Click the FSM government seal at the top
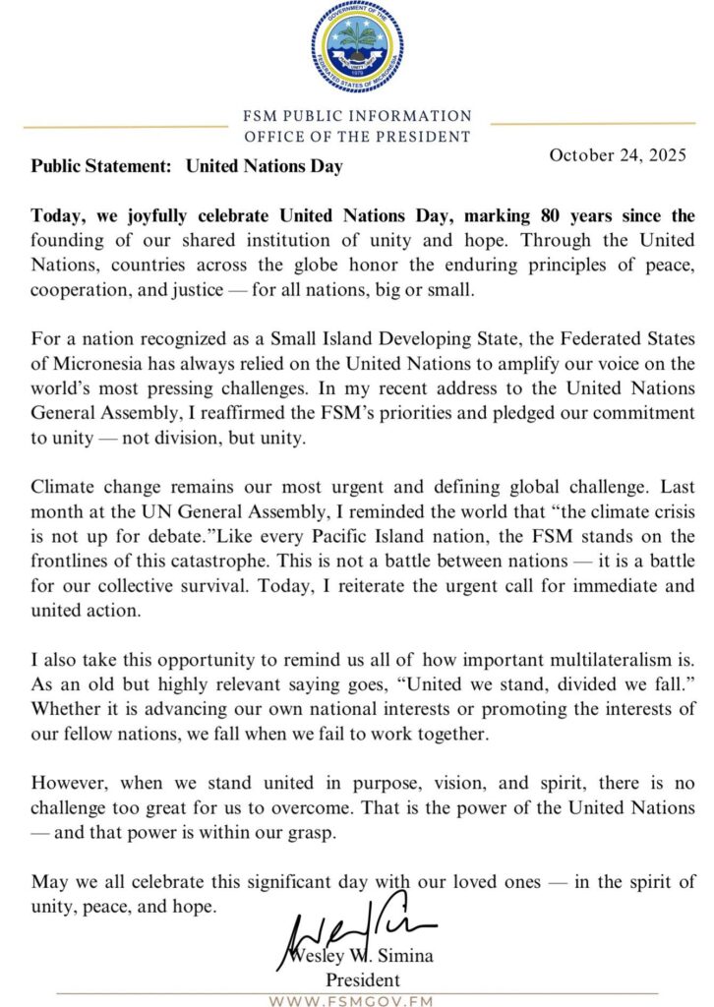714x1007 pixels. (x=357, y=48)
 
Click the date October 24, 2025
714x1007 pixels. (x=618, y=155)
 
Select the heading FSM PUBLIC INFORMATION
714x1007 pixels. (x=357, y=116)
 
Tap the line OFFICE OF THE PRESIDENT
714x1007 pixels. (x=357, y=137)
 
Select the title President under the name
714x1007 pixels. (x=363, y=979)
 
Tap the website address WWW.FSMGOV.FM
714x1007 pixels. (x=357, y=1000)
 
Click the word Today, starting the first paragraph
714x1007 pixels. (x=61, y=215)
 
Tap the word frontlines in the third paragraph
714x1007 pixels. (x=76, y=561)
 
